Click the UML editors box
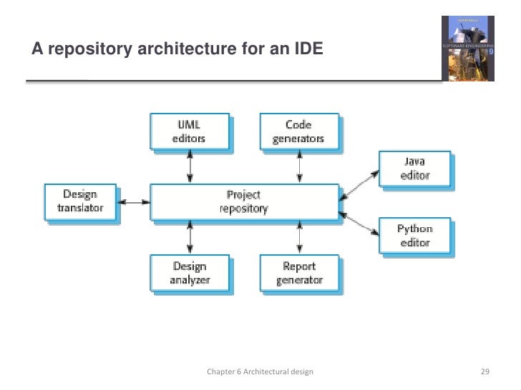[x=190, y=132]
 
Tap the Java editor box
[x=414, y=169]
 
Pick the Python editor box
[x=414, y=236]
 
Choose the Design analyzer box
[x=190, y=273]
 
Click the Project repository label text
[x=243, y=202]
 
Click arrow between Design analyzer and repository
[x=190, y=236]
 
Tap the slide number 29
[x=485, y=372]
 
